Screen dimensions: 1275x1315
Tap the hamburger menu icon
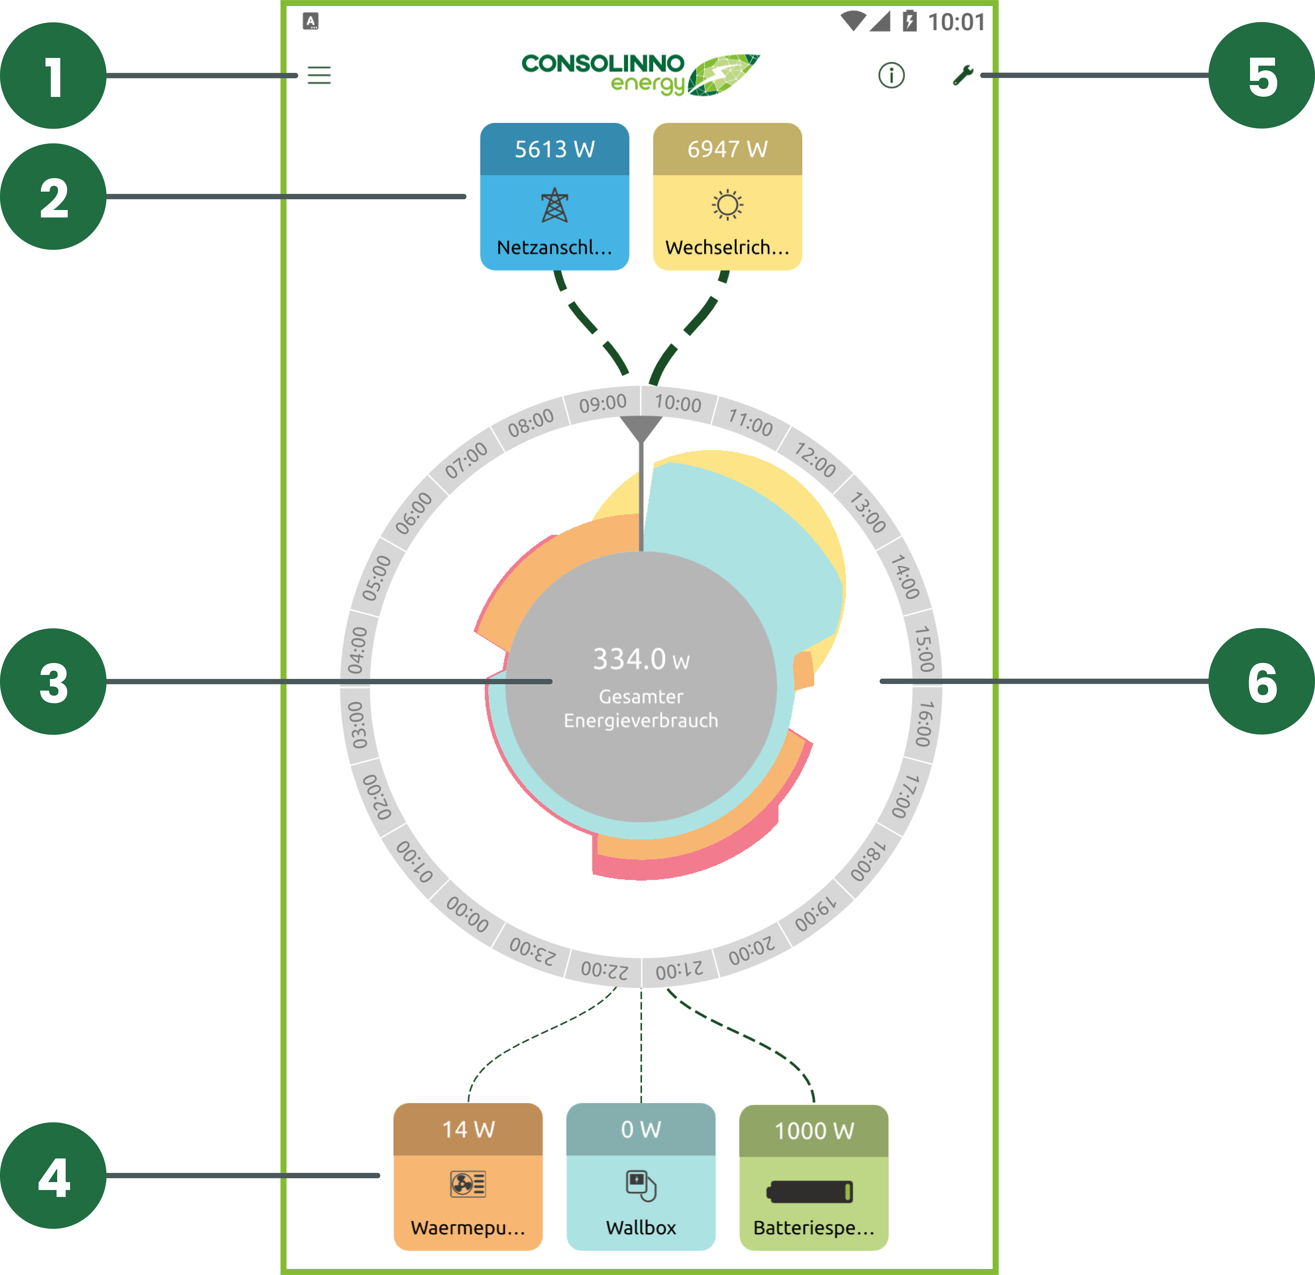point(319,75)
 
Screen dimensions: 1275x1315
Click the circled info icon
point(891,75)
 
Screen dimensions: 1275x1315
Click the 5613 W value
point(554,149)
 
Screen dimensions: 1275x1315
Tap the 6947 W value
point(727,149)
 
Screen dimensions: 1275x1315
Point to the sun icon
point(727,205)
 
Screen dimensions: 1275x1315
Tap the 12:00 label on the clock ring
point(815,460)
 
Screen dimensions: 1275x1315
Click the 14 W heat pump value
point(468,1129)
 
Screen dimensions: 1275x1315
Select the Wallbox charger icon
point(641,1185)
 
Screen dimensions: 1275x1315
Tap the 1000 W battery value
point(814,1131)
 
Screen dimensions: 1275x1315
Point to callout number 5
point(1263,78)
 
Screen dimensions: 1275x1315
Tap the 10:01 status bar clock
point(956,22)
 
